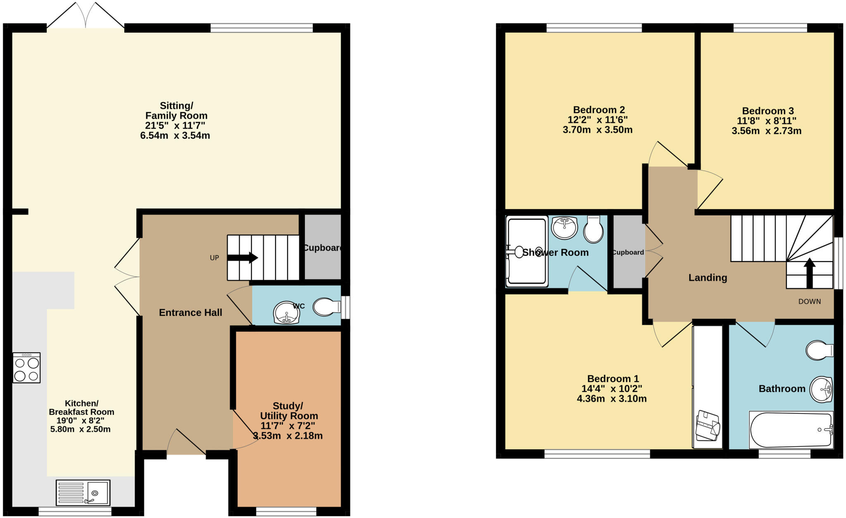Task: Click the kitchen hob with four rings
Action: click(x=26, y=368)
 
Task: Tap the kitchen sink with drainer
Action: click(x=83, y=492)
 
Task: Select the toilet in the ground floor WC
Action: click(x=327, y=307)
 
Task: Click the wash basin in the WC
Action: click(x=286, y=313)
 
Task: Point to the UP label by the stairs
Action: click(x=214, y=258)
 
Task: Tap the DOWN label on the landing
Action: click(x=809, y=301)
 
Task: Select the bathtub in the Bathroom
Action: click(x=791, y=430)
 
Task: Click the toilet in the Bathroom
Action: click(x=819, y=350)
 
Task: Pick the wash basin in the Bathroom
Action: click(x=821, y=389)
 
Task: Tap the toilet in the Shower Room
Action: click(x=593, y=230)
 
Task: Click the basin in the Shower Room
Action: click(x=564, y=228)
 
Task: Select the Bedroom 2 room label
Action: click(x=599, y=110)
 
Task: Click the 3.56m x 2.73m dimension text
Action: click(x=766, y=131)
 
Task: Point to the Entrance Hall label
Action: click(x=190, y=313)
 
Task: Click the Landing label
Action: click(x=708, y=278)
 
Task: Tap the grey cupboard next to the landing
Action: click(x=628, y=252)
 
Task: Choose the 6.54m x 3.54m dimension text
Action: click(x=175, y=136)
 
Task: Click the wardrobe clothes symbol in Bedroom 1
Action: click(x=708, y=426)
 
